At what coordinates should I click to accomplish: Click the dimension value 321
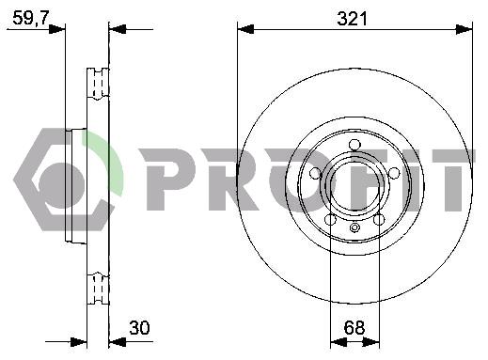click(352, 19)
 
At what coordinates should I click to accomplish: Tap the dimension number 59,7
click(31, 18)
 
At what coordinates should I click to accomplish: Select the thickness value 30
click(139, 328)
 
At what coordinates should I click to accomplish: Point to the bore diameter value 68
click(354, 328)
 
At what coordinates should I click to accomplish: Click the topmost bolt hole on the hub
click(354, 145)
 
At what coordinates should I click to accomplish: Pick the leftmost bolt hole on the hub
click(315, 173)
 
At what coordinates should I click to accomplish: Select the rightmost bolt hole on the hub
click(394, 173)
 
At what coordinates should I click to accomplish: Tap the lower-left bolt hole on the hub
click(330, 219)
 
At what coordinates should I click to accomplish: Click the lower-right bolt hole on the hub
click(379, 219)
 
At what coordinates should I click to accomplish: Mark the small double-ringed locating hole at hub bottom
click(354, 227)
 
